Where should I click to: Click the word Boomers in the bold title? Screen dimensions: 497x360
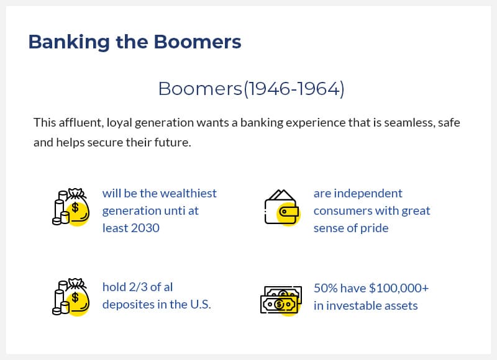198,42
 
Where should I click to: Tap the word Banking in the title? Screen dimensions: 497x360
69,42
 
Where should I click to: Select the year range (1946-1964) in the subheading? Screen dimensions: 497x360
294,89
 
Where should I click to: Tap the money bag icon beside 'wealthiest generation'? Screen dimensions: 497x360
71,207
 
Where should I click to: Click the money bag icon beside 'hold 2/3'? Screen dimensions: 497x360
71,297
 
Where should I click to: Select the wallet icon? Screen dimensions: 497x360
282,208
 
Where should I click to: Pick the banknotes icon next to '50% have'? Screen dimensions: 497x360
281,300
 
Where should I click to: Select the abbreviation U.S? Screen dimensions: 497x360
200,305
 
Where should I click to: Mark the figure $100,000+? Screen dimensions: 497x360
399,288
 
